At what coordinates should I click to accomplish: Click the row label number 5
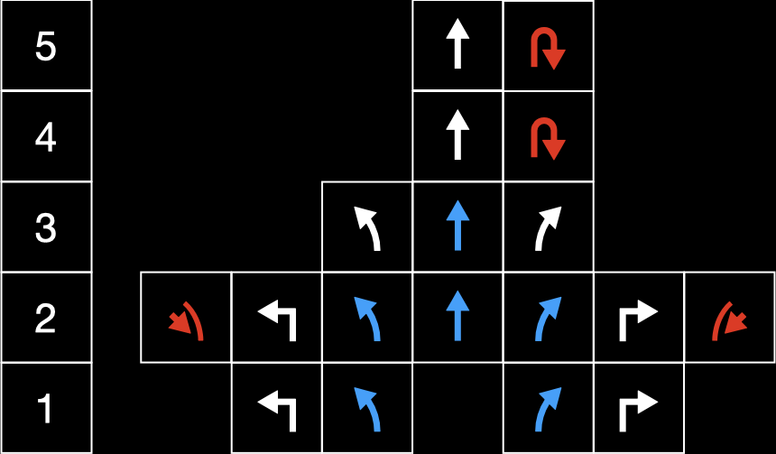pyautogui.click(x=45, y=47)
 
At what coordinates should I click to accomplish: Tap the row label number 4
pyautogui.click(x=45, y=138)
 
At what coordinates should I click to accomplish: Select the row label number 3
pyautogui.click(x=45, y=228)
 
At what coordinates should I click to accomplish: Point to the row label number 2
pyautogui.click(x=45, y=319)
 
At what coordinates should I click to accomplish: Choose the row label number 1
pyautogui.click(x=45, y=410)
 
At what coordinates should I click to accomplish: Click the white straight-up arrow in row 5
pyautogui.click(x=458, y=46)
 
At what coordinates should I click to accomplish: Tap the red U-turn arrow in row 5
pyautogui.click(x=548, y=49)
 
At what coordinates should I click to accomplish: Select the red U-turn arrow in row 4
pyautogui.click(x=548, y=138)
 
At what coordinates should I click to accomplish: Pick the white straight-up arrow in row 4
pyautogui.click(x=458, y=136)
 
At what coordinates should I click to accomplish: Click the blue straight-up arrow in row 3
pyautogui.click(x=458, y=227)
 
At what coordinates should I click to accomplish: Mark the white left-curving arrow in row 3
pyautogui.click(x=367, y=227)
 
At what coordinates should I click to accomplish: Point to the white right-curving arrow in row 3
pyautogui.click(x=549, y=227)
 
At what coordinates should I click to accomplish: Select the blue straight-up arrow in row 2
pyautogui.click(x=458, y=317)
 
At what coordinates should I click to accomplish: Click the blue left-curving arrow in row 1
pyautogui.click(x=367, y=409)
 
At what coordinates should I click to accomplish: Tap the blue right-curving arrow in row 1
pyautogui.click(x=549, y=409)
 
